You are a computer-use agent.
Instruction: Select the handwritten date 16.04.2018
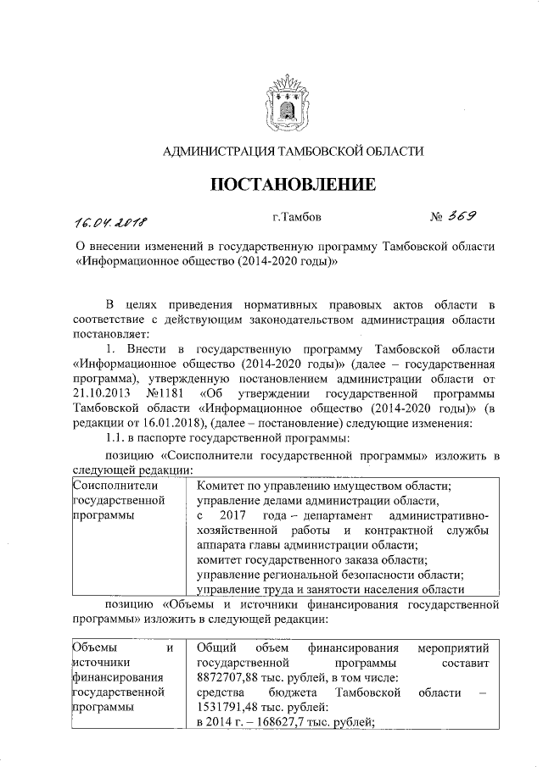(110, 223)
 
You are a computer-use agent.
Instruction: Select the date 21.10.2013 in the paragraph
(104, 393)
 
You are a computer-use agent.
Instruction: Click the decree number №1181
(166, 393)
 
